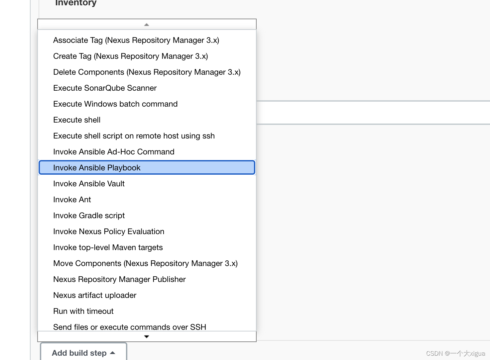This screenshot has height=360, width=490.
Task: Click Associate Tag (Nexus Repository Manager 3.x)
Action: tap(136, 40)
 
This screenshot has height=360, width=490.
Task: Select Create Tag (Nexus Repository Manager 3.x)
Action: tap(130, 56)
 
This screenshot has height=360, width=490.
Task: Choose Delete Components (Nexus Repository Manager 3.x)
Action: tap(147, 72)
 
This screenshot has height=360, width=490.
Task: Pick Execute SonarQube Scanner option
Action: tap(105, 88)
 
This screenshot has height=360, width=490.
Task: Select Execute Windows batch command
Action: tap(115, 104)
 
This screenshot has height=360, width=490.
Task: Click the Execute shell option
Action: tap(77, 120)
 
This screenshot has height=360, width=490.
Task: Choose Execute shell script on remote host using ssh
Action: tap(134, 136)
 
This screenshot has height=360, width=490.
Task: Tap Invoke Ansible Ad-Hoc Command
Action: tap(114, 152)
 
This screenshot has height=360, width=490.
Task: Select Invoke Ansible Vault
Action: tap(89, 184)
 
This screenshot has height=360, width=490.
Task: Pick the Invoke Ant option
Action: tap(72, 200)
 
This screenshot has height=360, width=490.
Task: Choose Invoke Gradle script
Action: tap(89, 216)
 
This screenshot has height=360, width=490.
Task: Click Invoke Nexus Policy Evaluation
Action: tap(109, 231)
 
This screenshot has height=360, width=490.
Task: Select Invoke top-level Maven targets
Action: tap(108, 247)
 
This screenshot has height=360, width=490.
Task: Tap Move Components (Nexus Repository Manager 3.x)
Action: tap(145, 263)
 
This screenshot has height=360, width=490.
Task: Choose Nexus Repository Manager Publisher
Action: tap(119, 279)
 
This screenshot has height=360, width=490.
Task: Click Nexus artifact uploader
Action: tap(95, 295)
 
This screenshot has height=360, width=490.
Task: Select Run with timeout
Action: tap(83, 311)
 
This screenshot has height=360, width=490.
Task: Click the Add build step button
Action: tap(83, 353)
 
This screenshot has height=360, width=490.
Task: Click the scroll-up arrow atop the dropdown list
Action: tap(147, 25)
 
